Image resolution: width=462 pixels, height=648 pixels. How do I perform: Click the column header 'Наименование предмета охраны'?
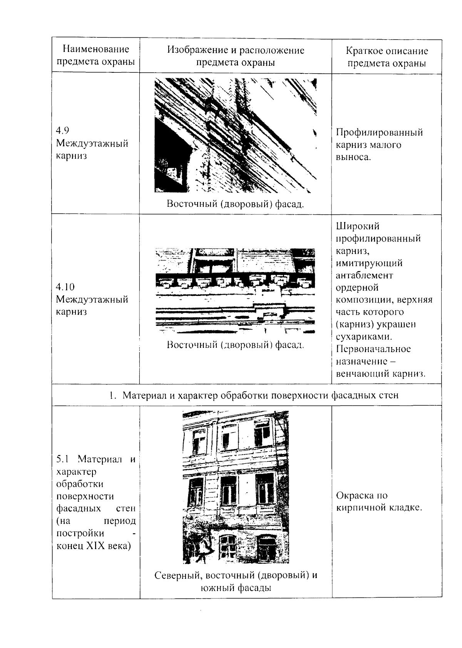pyautogui.click(x=95, y=55)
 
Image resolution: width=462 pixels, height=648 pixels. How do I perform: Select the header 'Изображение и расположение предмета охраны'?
pyautogui.click(x=236, y=56)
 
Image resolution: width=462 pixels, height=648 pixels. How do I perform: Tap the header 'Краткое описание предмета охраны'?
pyautogui.click(x=387, y=57)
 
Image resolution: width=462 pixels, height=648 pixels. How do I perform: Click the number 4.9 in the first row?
pyautogui.click(x=62, y=130)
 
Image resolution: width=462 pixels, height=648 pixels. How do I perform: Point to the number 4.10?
pyautogui.click(x=65, y=287)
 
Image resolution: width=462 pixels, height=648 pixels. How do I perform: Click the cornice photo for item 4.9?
pyautogui.click(x=235, y=135)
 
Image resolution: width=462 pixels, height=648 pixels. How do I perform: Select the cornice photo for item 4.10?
pyautogui.click(x=235, y=291)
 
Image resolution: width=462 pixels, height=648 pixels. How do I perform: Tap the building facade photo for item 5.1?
pyautogui.click(x=236, y=487)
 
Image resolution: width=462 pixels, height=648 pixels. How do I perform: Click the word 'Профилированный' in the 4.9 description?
pyautogui.click(x=379, y=133)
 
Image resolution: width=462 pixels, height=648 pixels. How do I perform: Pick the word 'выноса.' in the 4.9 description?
pyautogui.click(x=353, y=157)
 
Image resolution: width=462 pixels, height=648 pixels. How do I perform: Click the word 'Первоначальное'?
pyautogui.click(x=373, y=349)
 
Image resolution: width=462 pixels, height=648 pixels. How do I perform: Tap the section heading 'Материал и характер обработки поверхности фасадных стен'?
pyautogui.click(x=260, y=395)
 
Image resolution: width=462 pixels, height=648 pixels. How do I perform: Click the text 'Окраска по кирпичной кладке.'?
pyautogui.click(x=379, y=501)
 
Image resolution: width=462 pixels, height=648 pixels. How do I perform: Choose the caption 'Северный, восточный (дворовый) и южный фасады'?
pyautogui.click(x=236, y=581)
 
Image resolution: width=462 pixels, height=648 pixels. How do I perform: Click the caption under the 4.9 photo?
pyautogui.click(x=235, y=204)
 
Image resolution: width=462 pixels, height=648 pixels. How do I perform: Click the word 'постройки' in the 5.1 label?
pyautogui.click(x=80, y=533)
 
